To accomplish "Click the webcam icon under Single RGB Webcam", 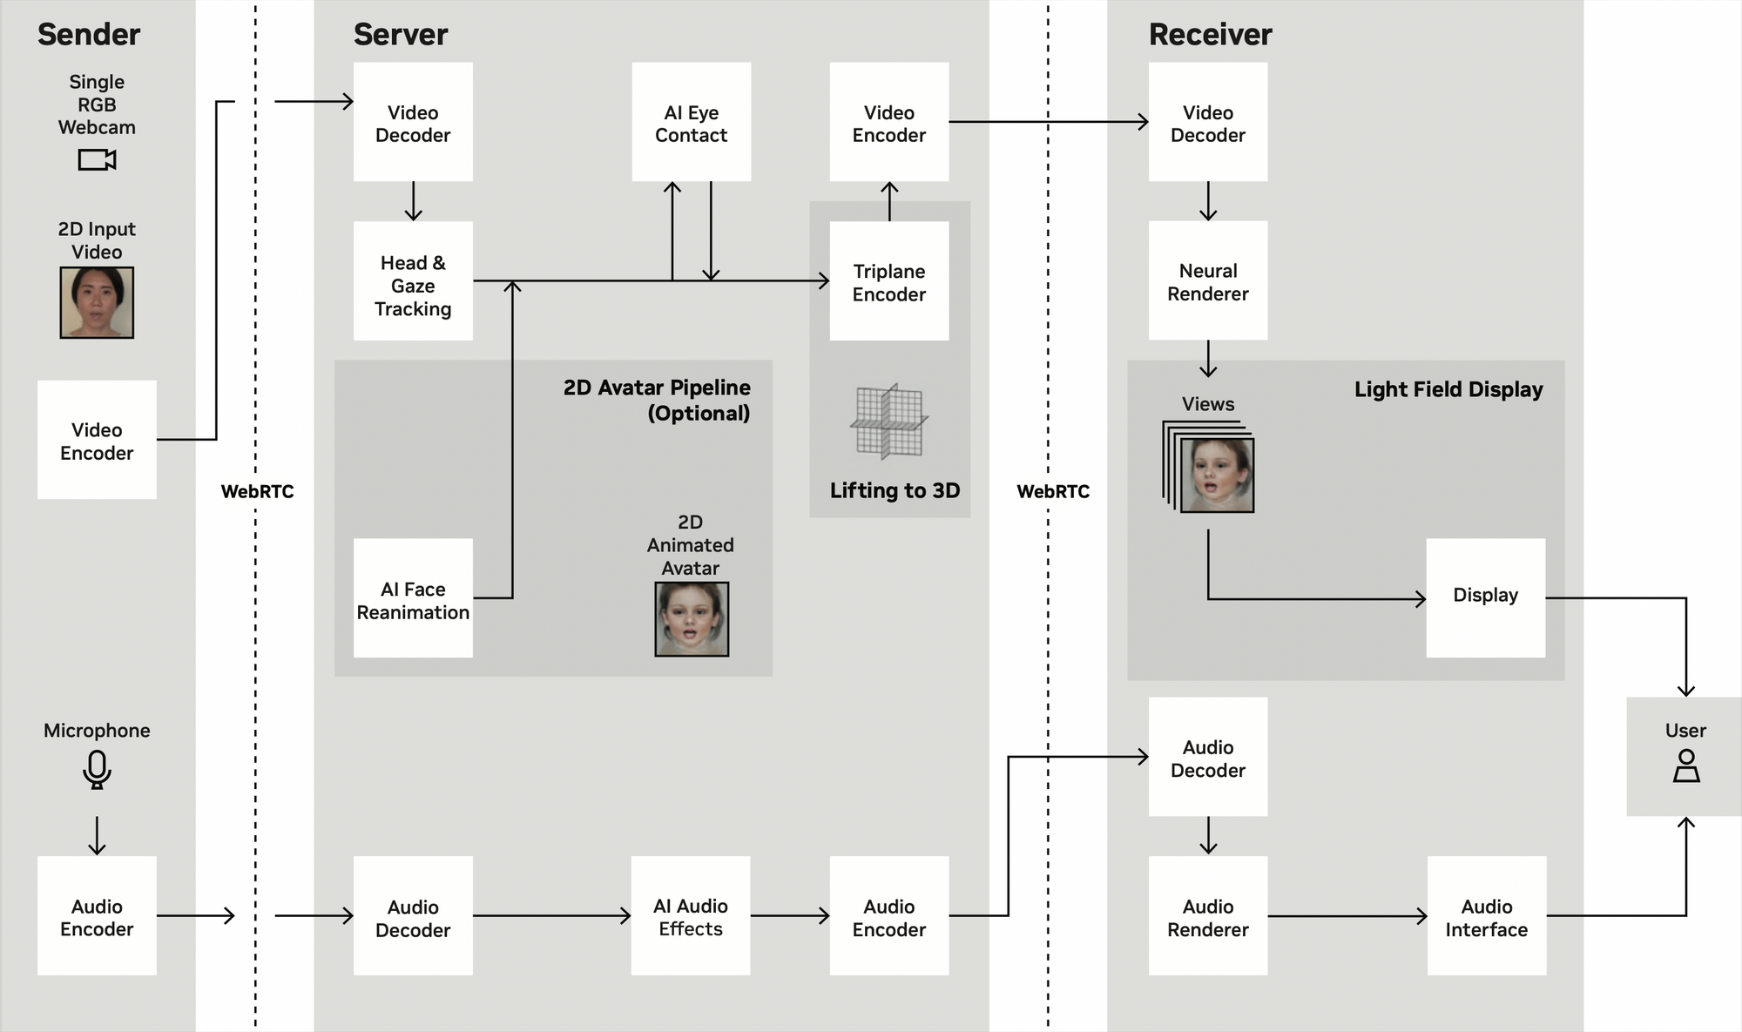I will tap(97, 160).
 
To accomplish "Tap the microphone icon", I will tap(97, 769).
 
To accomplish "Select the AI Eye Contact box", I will tap(691, 122).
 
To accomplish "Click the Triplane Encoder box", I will tap(888, 280).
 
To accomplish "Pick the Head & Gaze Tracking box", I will tap(413, 280).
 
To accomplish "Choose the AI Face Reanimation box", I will tap(413, 598).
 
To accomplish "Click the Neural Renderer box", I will tap(1207, 280).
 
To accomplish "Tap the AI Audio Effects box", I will tap(691, 915).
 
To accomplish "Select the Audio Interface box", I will tap(1486, 915).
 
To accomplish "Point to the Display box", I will tap(1485, 597).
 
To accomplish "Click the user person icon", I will tap(1686, 766).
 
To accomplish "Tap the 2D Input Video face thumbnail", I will tap(97, 302).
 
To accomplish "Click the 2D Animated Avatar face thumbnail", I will tap(692, 619).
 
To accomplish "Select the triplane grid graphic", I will tap(888, 422).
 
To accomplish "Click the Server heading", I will tap(400, 35).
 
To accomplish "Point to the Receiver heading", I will tap(1210, 35).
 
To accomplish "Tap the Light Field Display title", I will tap(1448, 389).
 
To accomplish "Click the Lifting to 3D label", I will tap(895, 490).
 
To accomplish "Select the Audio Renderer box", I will tap(1207, 915).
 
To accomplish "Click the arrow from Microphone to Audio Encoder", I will tap(97, 835).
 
